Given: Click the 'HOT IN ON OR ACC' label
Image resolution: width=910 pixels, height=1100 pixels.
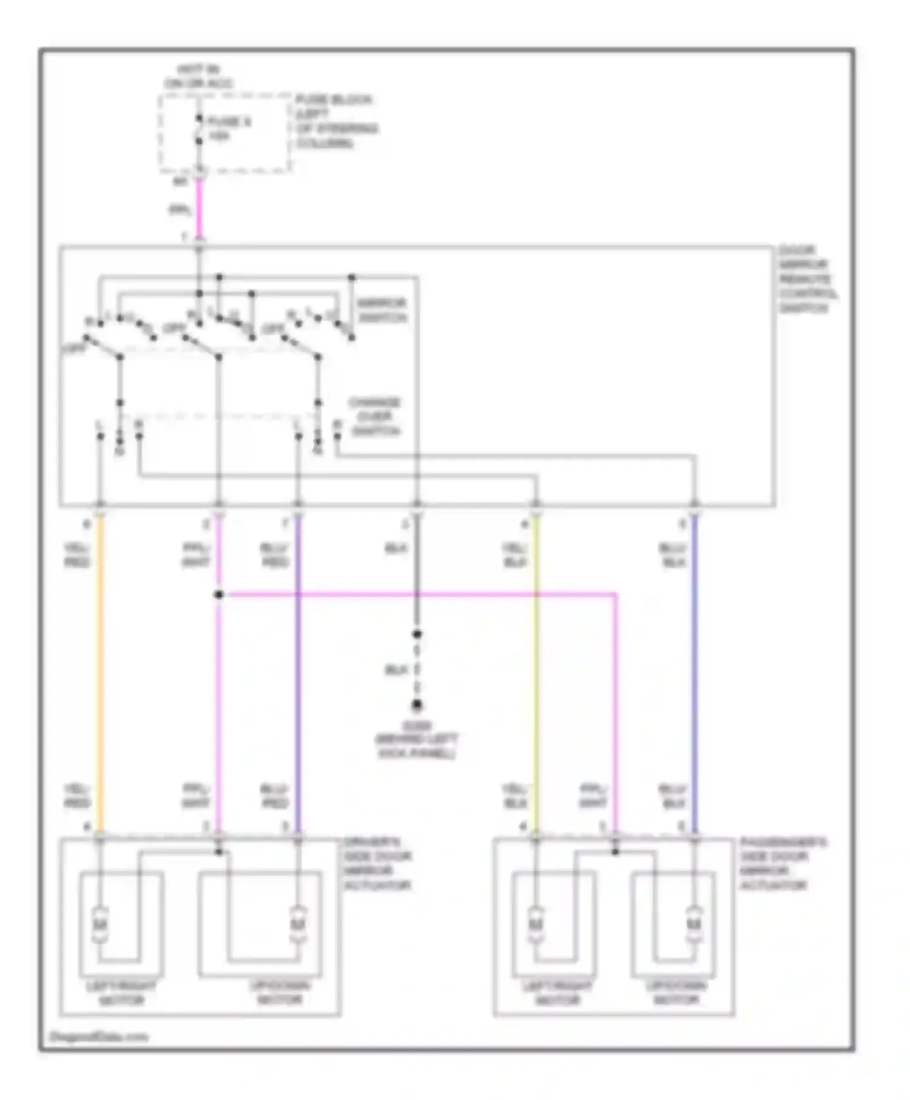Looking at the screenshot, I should pos(198,76).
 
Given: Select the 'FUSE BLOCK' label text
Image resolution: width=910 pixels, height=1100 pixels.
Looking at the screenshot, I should pos(334,100).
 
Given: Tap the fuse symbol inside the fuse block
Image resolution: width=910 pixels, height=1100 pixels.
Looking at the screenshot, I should pos(198,129).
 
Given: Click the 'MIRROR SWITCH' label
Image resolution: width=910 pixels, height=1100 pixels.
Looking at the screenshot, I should pos(382,310).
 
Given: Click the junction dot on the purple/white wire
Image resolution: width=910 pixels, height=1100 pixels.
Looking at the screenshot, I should pos(219,595).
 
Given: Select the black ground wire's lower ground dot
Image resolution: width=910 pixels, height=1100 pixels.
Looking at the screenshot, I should pos(417,705).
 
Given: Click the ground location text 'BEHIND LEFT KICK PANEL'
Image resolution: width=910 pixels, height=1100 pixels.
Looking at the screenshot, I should pos(417,746).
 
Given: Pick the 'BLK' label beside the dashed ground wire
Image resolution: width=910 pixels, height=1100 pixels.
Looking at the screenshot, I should pos(396,670).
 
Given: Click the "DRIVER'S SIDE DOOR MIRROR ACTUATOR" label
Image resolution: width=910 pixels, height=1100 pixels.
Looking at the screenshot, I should pos(377,864).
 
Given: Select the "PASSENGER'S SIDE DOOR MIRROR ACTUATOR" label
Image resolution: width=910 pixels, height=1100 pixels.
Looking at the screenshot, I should pos(782,864).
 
